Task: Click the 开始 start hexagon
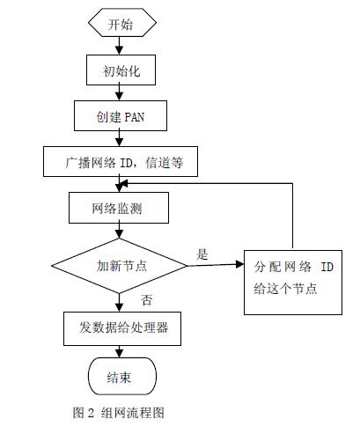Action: tap(120, 25)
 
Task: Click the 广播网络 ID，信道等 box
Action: tap(120, 161)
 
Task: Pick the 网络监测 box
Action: tap(120, 208)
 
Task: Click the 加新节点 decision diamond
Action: tap(120, 264)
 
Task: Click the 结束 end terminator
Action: tap(120, 377)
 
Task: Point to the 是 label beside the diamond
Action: tap(202, 254)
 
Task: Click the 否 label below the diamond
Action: tap(146, 299)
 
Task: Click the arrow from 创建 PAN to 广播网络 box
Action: tap(120, 137)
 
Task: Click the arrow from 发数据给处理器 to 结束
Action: tap(120, 351)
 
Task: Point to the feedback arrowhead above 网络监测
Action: tap(127, 184)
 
